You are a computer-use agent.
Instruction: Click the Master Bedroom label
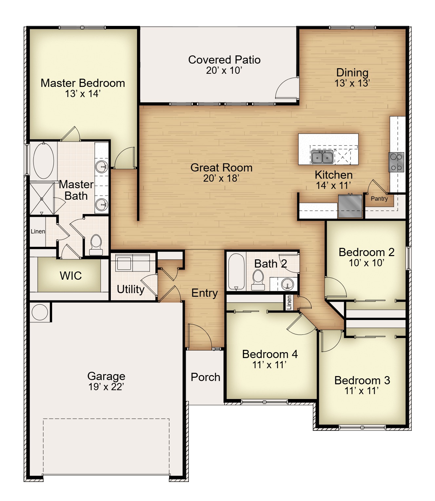click(83, 83)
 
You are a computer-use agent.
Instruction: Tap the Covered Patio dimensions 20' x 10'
click(224, 70)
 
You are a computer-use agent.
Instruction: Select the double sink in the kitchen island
click(322, 157)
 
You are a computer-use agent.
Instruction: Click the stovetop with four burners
click(396, 162)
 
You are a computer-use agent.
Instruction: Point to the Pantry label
click(379, 199)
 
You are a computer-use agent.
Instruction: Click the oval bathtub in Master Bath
click(44, 161)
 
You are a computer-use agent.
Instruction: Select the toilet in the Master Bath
click(96, 245)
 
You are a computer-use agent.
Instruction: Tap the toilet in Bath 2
click(258, 280)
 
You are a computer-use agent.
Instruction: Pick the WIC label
click(71, 276)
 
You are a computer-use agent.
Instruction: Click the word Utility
click(130, 290)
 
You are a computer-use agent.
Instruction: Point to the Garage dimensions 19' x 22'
click(106, 387)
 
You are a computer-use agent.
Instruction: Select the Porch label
click(206, 377)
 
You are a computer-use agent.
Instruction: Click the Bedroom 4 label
click(270, 354)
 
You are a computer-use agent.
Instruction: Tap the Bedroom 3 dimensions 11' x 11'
click(362, 391)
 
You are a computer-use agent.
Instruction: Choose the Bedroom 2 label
click(366, 252)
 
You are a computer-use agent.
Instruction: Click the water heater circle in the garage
click(40, 312)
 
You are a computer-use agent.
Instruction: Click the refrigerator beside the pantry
click(350, 206)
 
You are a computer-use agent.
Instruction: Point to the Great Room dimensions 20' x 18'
click(221, 178)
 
